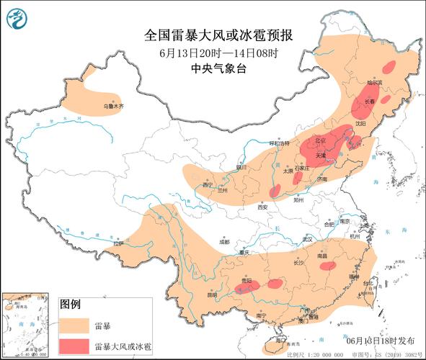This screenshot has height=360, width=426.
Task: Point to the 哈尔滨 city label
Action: point(373,84)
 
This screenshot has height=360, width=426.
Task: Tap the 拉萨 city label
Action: point(119,243)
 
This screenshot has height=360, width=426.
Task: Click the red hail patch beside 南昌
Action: point(327,266)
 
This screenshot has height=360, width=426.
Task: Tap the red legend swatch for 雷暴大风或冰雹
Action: point(74,346)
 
